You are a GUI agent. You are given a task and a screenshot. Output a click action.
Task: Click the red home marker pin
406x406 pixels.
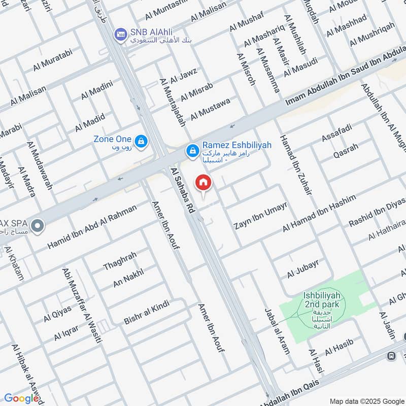[x=204, y=182]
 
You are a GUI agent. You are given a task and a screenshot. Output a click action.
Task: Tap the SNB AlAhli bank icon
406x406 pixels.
[x=121, y=33]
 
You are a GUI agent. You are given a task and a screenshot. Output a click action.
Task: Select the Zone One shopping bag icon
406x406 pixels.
[x=141, y=140]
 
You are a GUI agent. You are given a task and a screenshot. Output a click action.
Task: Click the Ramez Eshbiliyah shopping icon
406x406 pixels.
[x=192, y=150]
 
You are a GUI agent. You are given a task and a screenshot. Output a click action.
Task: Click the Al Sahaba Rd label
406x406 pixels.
[x=183, y=190]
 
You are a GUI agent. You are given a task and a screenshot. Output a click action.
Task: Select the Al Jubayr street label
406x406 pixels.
[x=303, y=269]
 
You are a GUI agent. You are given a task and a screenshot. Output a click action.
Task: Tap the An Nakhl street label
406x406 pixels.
[x=128, y=277]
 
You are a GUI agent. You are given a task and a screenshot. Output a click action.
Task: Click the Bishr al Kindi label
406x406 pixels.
[x=147, y=312]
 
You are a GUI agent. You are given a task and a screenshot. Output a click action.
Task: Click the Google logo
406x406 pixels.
[x=21, y=398]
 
